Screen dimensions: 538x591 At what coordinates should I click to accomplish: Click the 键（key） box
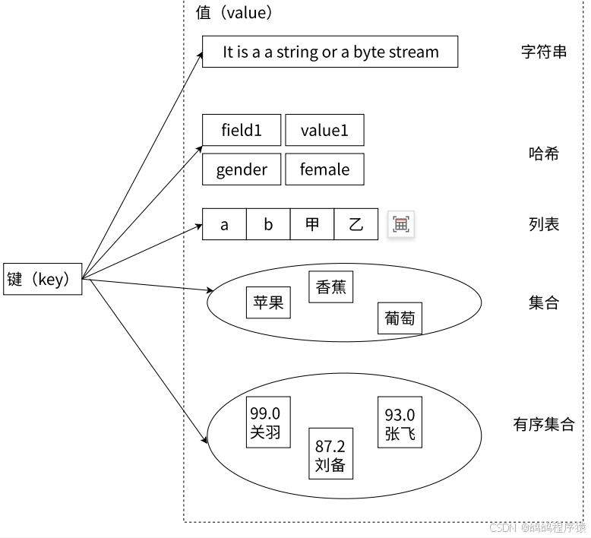click(x=42, y=279)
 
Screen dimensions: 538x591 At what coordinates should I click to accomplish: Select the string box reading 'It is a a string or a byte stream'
click(x=330, y=52)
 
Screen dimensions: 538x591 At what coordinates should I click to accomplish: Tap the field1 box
click(x=242, y=130)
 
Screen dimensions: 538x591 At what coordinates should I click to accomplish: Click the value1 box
click(x=324, y=130)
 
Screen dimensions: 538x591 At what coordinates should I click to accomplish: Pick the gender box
click(x=242, y=169)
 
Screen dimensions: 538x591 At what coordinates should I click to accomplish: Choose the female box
click(x=324, y=169)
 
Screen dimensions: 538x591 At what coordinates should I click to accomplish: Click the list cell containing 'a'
click(x=224, y=224)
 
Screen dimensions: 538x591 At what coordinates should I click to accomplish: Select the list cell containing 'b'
click(x=268, y=224)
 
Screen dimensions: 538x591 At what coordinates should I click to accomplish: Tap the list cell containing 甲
click(x=312, y=224)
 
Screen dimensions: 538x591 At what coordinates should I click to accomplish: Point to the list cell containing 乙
click(x=356, y=224)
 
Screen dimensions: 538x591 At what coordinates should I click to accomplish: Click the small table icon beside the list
click(x=401, y=224)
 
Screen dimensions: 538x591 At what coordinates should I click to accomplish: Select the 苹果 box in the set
click(x=268, y=302)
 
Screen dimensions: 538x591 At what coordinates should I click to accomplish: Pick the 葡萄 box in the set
click(x=400, y=318)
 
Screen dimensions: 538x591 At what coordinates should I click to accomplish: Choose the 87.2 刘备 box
click(x=330, y=454)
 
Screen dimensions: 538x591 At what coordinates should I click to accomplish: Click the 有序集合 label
click(x=544, y=424)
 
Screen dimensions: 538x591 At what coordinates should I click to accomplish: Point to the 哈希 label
click(x=544, y=153)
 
